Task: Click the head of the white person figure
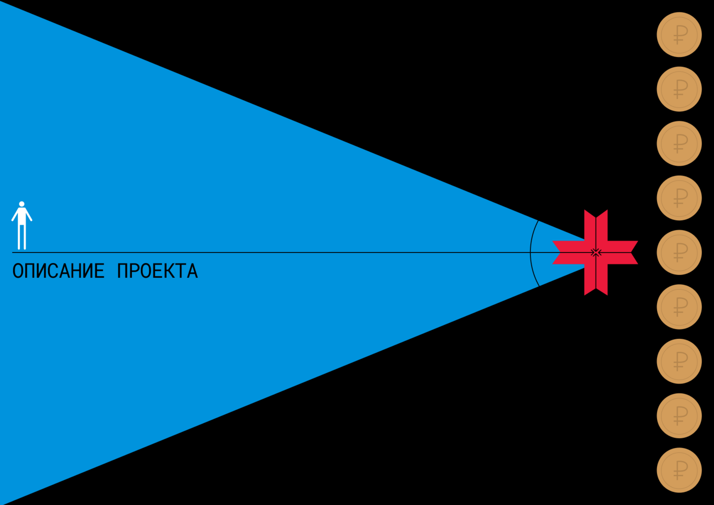click(22, 204)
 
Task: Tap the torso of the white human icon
click(22, 216)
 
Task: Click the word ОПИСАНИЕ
click(59, 271)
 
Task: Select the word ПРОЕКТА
click(158, 271)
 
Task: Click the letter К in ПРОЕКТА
click(172, 271)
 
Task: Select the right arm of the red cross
click(623, 252)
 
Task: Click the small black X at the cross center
click(596, 252)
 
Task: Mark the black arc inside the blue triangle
click(531, 253)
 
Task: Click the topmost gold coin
click(679, 35)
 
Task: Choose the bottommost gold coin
click(679, 470)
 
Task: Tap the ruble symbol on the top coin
click(680, 35)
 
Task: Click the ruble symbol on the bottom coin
click(680, 470)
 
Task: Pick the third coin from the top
click(679, 143)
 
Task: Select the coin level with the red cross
click(679, 252)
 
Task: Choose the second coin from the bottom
click(679, 416)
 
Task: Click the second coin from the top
click(679, 89)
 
